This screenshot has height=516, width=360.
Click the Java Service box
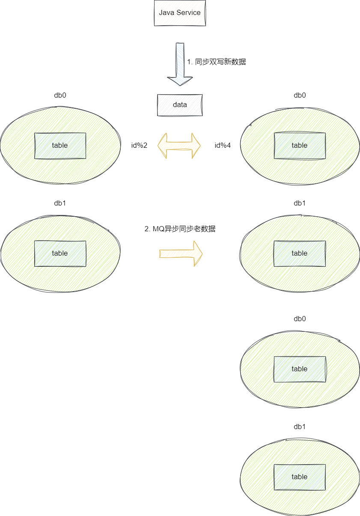coord(180,13)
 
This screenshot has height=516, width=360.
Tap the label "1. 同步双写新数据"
coord(217,62)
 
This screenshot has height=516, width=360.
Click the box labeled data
coord(180,105)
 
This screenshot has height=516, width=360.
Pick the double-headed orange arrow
coord(179,146)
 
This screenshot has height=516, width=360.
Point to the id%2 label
coord(139,145)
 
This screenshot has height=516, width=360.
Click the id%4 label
coord(223,145)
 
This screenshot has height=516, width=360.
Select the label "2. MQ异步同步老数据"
coord(180,229)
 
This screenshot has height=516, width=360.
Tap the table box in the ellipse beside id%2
coord(60,146)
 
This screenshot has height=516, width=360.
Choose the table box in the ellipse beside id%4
coord(300,146)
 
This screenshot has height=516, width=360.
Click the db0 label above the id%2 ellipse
coord(60,95)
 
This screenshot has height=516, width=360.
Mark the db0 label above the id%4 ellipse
coord(300,95)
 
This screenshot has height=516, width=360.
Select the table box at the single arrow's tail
coord(60,254)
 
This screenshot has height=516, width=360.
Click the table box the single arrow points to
coord(300,254)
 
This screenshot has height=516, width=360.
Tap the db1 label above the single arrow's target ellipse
coord(300,203)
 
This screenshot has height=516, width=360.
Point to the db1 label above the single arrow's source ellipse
coord(60,203)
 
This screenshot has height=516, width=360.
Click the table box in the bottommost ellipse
coord(300,477)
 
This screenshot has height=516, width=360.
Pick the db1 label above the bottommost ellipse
coord(300,427)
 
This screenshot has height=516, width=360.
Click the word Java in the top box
coord(167,13)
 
